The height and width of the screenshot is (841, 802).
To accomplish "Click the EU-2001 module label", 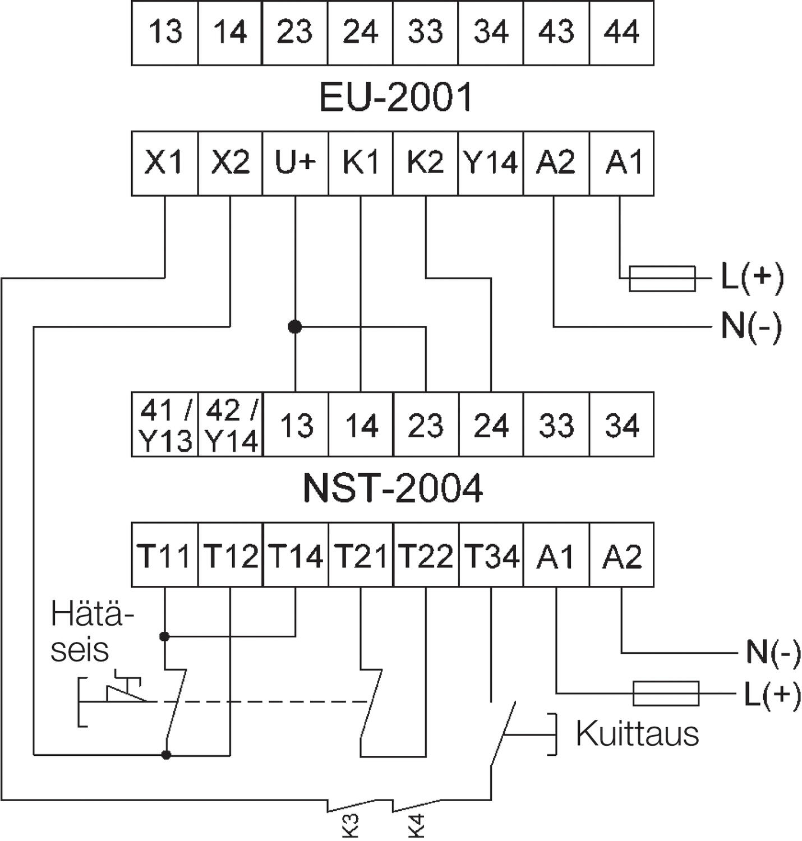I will (x=396, y=97).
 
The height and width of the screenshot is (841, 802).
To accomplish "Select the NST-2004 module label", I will (x=393, y=488).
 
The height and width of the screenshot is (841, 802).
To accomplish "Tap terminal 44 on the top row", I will (x=621, y=33).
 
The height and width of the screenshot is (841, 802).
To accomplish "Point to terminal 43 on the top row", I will (x=556, y=33).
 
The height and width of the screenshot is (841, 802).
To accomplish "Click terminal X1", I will (x=164, y=163).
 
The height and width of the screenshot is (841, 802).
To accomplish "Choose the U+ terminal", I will (x=295, y=163).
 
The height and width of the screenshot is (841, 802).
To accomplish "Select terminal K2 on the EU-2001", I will (x=425, y=163).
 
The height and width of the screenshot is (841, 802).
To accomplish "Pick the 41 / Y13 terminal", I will (x=165, y=425).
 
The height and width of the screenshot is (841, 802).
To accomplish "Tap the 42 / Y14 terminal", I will (x=231, y=425).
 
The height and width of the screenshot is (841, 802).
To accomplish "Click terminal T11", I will (x=164, y=556).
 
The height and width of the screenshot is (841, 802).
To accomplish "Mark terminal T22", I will (x=426, y=556).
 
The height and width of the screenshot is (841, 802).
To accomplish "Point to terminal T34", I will (x=491, y=556).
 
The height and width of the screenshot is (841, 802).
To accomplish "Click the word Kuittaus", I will (x=637, y=733).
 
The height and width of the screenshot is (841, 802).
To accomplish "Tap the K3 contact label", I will (x=350, y=826).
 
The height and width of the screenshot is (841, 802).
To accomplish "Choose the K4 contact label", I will (x=416, y=826).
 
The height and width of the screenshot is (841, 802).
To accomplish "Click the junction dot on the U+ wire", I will (x=295, y=326).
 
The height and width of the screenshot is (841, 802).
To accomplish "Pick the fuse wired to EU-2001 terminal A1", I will (x=662, y=279).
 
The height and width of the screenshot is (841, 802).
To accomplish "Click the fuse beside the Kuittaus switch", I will (x=666, y=694).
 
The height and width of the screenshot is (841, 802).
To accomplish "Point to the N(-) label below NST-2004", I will (x=773, y=653).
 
